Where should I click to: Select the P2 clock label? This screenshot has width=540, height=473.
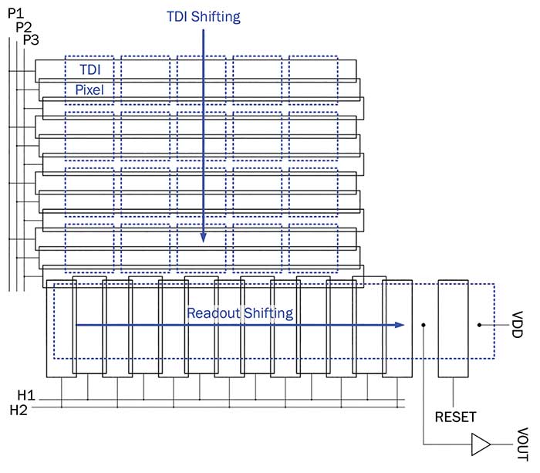(x=24, y=26)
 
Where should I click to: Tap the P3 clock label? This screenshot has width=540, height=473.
(x=31, y=39)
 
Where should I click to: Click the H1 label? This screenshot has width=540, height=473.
(x=19, y=396)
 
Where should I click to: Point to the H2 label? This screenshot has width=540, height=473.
(x=19, y=410)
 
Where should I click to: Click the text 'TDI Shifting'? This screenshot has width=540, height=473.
(x=203, y=16)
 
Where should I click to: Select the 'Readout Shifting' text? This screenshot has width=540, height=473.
(x=239, y=313)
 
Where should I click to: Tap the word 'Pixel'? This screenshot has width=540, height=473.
(x=89, y=90)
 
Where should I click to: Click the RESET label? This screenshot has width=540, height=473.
(x=455, y=417)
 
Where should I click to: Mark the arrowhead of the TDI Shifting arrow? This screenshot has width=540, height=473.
(x=204, y=238)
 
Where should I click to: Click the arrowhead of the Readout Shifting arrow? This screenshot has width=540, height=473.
(x=400, y=325)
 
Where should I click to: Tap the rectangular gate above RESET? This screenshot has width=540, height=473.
(x=453, y=328)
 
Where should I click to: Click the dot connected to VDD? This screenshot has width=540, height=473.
(x=481, y=325)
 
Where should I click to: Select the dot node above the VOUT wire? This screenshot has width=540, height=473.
(x=424, y=325)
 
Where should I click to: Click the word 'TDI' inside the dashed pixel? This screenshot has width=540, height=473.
(x=89, y=69)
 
